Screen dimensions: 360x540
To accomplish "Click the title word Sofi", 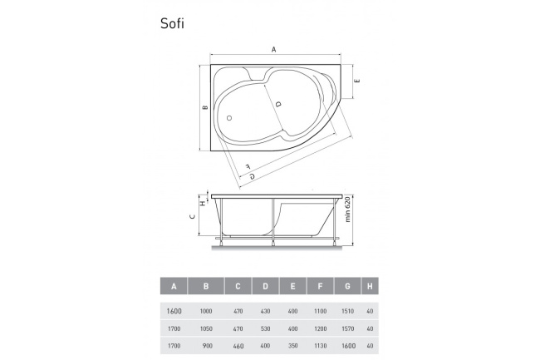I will [x=172, y=23].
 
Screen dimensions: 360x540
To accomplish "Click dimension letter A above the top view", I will [x=274, y=50].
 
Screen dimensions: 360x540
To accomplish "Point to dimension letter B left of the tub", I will [x=204, y=107].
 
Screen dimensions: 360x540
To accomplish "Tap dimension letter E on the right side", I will [x=356, y=81].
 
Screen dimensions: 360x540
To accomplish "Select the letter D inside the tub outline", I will [x=277, y=104].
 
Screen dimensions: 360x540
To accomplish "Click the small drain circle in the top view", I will [x=229, y=117].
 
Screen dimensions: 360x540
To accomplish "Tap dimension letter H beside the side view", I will [x=201, y=202].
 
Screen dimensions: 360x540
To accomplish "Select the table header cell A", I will [x=174, y=287].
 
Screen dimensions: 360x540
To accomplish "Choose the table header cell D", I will [x=266, y=287].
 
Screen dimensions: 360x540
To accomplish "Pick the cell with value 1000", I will [x=207, y=311].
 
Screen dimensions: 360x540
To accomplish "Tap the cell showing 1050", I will [x=207, y=328].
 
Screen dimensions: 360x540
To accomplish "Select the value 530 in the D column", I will [x=266, y=328].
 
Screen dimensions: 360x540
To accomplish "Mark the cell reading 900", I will [x=207, y=344].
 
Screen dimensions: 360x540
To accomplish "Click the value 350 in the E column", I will [x=292, y=344].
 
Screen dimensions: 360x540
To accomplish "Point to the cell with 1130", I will [x=318, y=344].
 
